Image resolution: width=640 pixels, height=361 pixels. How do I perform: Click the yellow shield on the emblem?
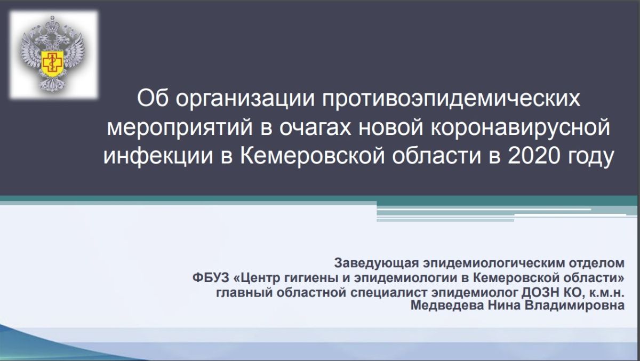pos(52,60)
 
